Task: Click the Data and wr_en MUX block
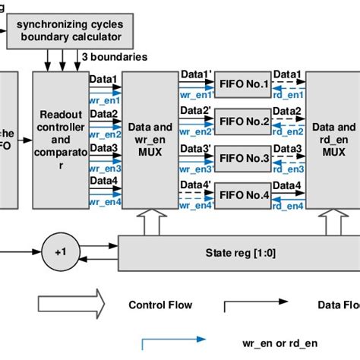pos(149,140)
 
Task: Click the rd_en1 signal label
pos(288,94)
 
